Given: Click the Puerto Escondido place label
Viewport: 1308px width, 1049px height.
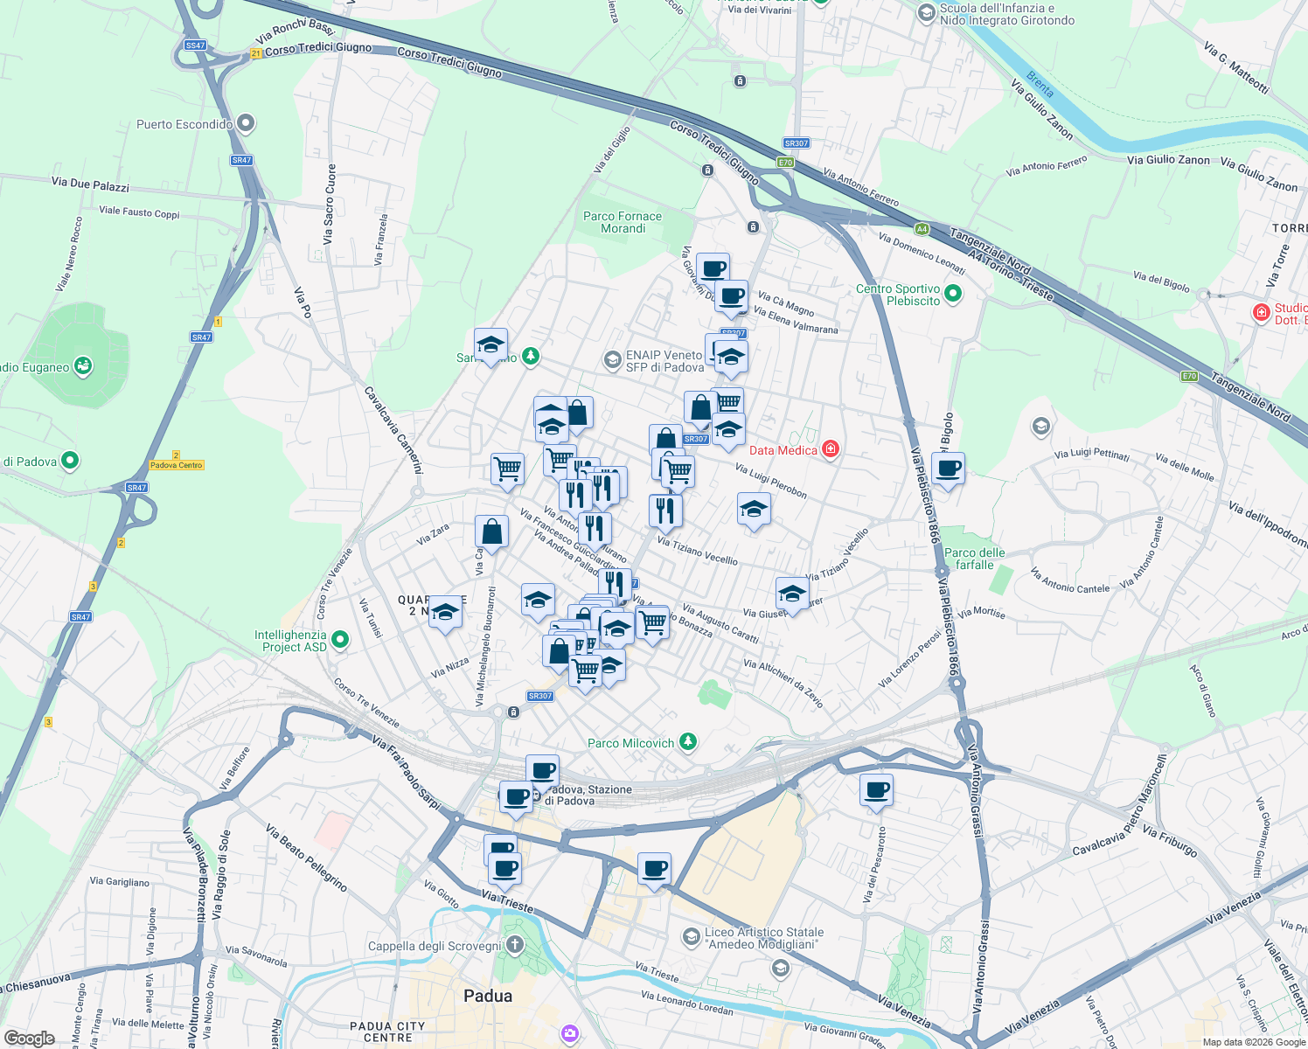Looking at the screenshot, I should [184, 124].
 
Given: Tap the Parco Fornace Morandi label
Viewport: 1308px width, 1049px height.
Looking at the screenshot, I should [623, 222].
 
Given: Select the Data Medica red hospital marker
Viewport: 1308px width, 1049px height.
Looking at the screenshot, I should [831, 449].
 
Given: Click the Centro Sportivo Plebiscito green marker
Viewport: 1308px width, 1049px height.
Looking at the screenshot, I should [953, 295].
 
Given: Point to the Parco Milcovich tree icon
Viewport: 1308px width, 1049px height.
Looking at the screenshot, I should [689, 742].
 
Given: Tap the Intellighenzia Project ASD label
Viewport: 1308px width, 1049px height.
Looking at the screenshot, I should [290, 641].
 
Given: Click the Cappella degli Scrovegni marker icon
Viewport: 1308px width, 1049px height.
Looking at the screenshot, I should [515, 945].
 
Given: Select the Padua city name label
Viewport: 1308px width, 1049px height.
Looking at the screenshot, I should [488, 996].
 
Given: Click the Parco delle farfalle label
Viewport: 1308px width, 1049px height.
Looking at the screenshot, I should [975, 559].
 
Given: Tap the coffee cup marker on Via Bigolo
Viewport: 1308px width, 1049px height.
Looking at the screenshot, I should [948, 469].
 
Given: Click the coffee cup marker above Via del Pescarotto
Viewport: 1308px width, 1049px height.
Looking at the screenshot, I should [876, 790].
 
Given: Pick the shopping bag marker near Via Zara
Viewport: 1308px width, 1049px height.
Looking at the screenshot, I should [491, 531].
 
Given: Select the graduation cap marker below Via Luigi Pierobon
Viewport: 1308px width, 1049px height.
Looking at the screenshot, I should [754, 509].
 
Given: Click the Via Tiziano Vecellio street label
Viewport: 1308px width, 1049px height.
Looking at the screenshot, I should [697, 551].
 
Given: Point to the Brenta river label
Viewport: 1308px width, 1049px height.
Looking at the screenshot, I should [1040, 84].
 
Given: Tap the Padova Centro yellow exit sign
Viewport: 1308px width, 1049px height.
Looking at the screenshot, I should [177, 465].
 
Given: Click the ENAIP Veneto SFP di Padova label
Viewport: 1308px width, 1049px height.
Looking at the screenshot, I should [664, 361].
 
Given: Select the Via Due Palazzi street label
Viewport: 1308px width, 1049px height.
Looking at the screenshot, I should [90, 184].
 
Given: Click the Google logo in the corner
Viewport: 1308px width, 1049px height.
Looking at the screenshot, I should [29, 1038].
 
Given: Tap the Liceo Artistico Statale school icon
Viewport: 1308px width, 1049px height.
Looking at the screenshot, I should [691, 937].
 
